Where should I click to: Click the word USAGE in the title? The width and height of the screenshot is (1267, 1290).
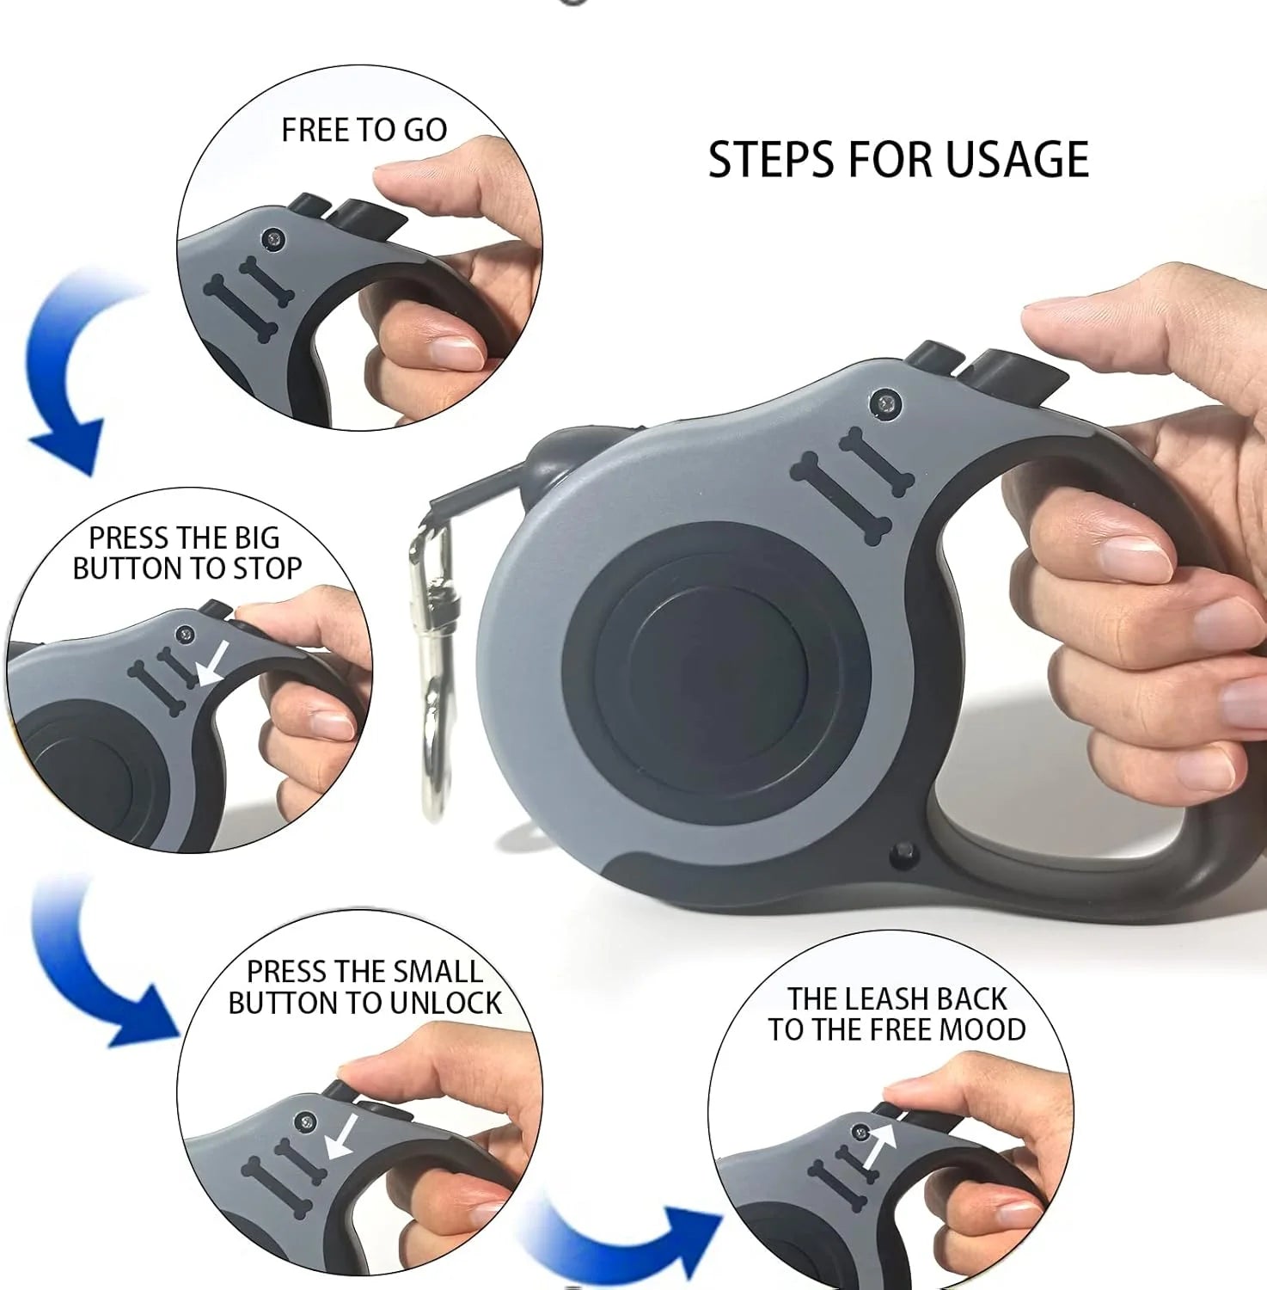point(1017,159)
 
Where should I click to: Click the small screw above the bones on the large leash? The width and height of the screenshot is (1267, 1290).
point(886,402)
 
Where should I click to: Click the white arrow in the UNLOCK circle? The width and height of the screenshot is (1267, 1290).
point(343,1136)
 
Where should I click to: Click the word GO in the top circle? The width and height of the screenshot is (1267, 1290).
point(425,130)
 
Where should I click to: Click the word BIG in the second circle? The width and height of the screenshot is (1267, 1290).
point(257,538)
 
